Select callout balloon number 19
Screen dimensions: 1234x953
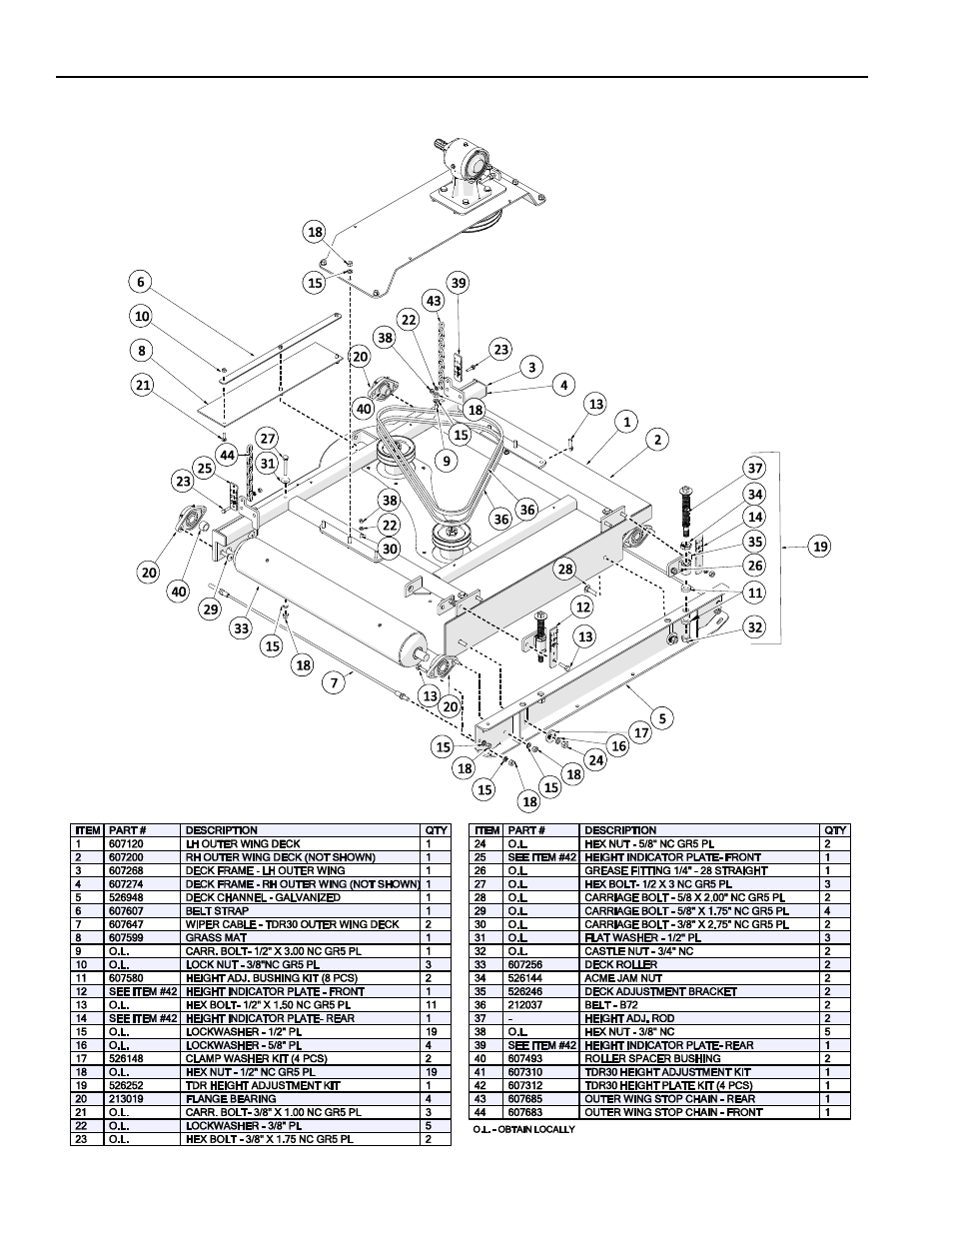(x=820, y=546)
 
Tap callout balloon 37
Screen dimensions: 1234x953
(x=755, y=469)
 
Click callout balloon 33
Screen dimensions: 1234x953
(x=242, y=628)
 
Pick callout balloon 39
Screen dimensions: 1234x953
(x=458, y=283)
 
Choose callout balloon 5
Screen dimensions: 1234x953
(x=661, y=716)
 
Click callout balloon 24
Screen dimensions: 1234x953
(x=596, y=760)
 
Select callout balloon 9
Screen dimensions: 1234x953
(x=446, y=461)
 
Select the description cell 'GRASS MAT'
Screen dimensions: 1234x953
(x=214, y=937)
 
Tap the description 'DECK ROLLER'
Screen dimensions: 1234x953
(x=620, y=964)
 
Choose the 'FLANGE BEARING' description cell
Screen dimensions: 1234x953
(x=225, y=1098)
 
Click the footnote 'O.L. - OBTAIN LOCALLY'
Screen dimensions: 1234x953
(x=524, y=1129)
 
